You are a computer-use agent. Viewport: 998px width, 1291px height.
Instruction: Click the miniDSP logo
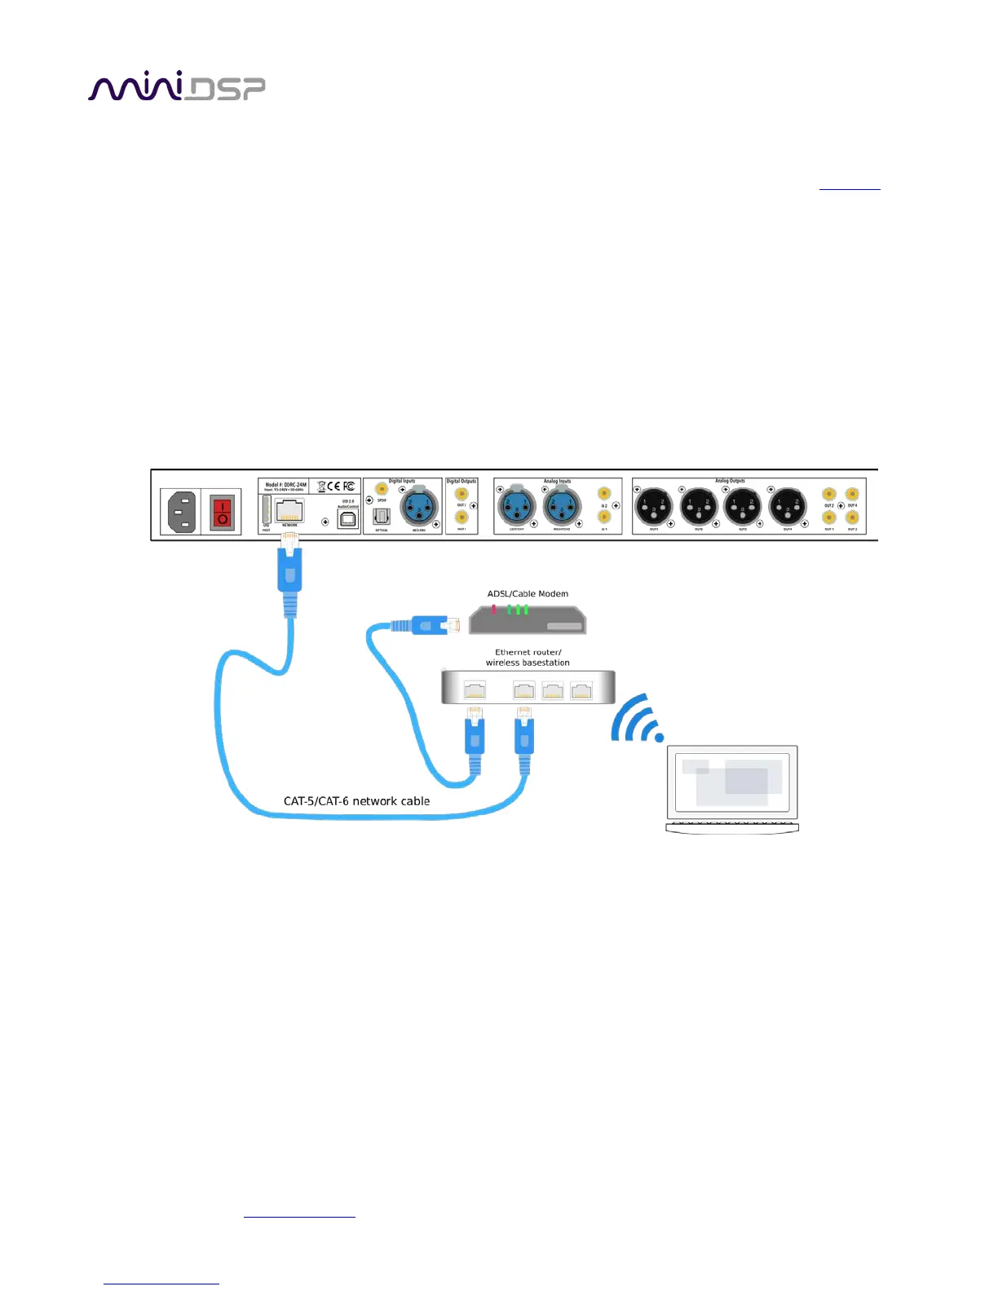[176, 86]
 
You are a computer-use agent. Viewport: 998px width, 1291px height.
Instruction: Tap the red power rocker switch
[222, 512]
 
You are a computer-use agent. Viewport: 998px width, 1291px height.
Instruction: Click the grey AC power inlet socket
[182, 512]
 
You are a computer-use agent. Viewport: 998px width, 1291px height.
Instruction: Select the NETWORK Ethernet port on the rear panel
[289, 510]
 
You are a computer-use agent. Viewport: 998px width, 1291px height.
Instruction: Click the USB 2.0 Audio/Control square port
[348, 518]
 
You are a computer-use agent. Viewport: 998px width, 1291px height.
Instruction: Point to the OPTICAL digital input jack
[382, 516]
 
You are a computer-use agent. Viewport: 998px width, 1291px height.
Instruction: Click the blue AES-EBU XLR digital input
[419, 507]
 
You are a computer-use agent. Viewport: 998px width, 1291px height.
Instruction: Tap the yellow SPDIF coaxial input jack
[382, 489]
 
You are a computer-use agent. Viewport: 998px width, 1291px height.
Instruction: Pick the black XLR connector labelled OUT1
[653, 506]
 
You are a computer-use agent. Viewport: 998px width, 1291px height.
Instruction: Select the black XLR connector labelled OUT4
[787, 506]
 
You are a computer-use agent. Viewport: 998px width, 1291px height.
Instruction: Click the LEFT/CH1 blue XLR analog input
[516, 506]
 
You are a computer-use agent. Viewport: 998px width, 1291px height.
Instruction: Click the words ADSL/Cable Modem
[528, 593]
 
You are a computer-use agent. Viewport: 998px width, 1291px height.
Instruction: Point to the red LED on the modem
[493, 609]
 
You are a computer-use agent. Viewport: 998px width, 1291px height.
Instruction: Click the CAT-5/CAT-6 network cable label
[356, 801]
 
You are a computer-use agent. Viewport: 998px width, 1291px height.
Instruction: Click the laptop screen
[731, 781]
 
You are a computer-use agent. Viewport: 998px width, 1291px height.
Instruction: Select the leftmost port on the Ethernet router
[475, 691]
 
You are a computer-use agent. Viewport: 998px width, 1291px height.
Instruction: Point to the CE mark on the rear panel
[334, 486]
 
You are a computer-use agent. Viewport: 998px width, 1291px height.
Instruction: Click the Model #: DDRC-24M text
[285, 484]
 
